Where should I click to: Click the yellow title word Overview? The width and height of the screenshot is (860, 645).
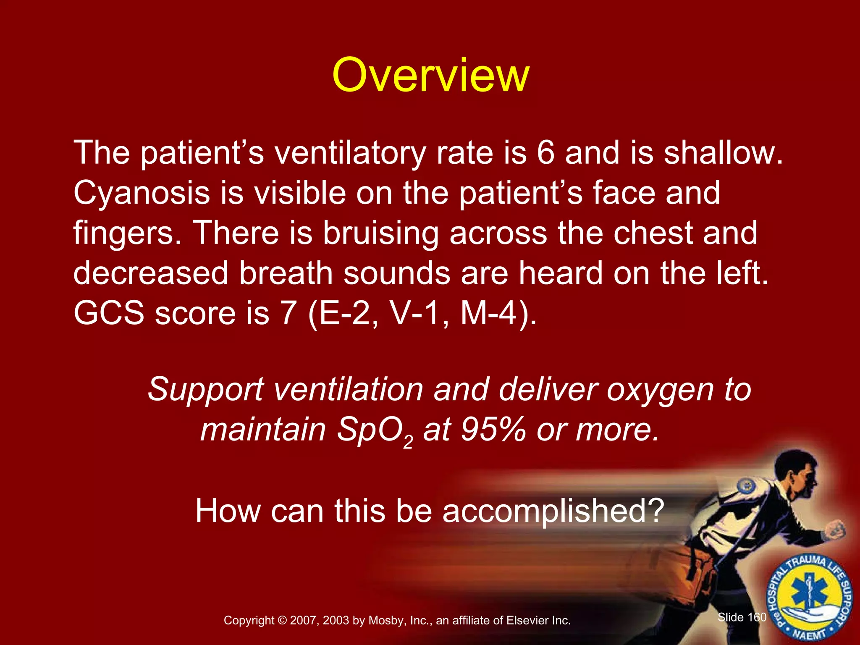pyautogui.click(x=430, y=76)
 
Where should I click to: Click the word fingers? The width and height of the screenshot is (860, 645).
pyautogui.click(x=124, y=233)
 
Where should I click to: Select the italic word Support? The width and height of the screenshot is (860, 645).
pyautogui.click(x=206, y=390)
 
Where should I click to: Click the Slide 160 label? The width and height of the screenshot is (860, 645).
pyautogui.click(x=742, y=617)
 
